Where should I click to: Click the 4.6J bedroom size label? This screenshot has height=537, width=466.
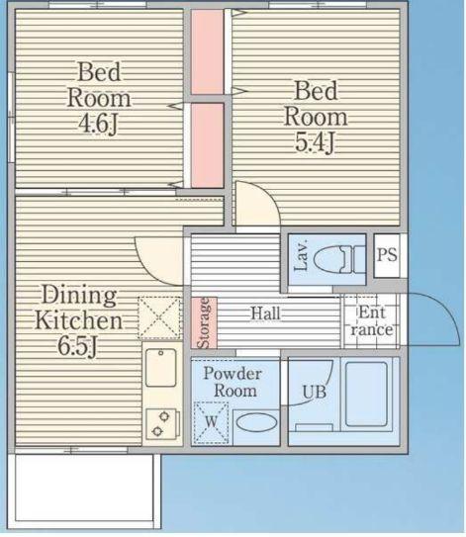(x=99, y=124)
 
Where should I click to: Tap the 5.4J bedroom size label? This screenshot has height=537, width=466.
(x=315, y=142)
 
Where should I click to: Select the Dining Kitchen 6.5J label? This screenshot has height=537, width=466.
(x=78, y=320)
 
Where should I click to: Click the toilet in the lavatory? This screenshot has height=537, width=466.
(x=339, y=259)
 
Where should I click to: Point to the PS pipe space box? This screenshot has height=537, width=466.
(x=387, y=255)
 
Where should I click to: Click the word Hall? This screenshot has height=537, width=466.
(x=266, y=313)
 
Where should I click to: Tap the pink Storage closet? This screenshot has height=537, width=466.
(x=204, y=322)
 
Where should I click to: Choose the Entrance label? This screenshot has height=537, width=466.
(x=371, y=320)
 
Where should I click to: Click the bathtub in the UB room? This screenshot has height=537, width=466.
(x=366, y=394)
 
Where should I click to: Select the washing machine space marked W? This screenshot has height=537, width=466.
(x=211, y=422)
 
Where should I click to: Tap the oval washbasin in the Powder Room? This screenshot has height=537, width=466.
(x=256, y=422)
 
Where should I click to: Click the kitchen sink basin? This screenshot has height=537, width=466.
(x=161, y=368)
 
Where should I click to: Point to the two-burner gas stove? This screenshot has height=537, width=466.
(x=163, y=424)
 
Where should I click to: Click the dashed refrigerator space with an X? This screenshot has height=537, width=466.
(x=159, y=317)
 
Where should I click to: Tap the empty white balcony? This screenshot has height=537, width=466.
(x=84, y=492)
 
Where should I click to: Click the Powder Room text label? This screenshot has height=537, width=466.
(x=233, y=382)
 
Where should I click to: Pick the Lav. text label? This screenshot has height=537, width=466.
(x=301, y=256)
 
